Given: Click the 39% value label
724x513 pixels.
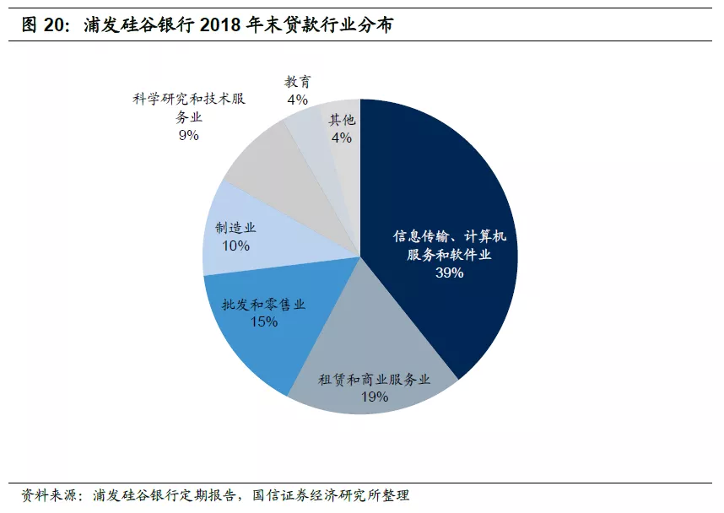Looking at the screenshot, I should pos(449,273).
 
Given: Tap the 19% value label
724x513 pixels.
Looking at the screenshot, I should pos(374,397).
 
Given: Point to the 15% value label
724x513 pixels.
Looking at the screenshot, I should pos(264,321).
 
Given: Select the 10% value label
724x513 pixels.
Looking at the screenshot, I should pos(235,246).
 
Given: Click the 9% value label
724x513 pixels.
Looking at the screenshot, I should pos(188,135).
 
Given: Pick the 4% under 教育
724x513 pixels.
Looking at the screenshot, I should pos(297,100).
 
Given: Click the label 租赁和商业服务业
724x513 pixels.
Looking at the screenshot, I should pos(374,379).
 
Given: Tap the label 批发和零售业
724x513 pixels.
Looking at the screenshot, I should pos(264,304).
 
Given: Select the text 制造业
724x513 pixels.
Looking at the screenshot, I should pos(235,228).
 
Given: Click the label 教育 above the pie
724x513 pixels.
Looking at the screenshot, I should pos(297,82).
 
